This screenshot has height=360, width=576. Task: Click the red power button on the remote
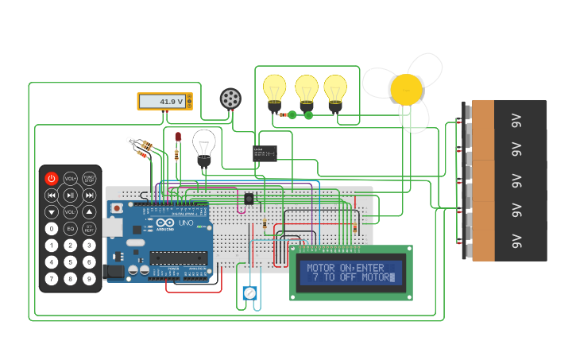52,179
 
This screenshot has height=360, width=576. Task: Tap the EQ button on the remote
70,229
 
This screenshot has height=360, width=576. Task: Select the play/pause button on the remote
70,195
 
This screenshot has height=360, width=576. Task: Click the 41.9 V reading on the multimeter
171,102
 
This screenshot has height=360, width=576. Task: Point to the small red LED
178,137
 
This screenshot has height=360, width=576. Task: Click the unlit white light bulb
204,145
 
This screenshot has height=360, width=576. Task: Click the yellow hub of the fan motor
406,89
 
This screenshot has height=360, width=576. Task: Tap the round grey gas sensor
230,99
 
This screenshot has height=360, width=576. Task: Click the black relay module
265,153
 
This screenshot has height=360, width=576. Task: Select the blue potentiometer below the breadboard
250,293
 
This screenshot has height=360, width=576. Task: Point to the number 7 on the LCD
315,277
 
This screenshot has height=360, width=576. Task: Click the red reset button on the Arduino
118,208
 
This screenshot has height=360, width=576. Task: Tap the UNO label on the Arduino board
184,224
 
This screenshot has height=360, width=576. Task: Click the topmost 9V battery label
516,120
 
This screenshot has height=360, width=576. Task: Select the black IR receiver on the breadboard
249,199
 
